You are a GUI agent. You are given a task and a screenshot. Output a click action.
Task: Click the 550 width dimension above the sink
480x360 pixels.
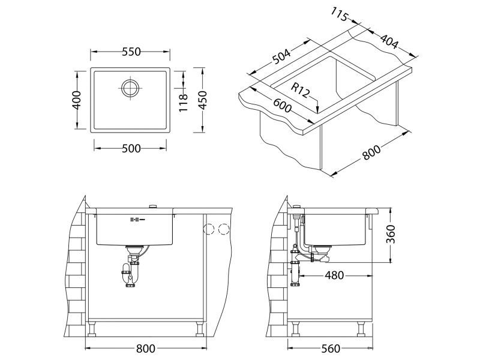pyautogui.click(x=131, y=52)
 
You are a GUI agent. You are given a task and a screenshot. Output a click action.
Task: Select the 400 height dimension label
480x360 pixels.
pyautogui.click(x=76, y=100)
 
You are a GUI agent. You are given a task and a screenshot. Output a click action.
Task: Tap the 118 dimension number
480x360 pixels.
pyautogui.click(x=184, y=100)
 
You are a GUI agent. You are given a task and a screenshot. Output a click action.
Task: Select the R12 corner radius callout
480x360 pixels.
pyautogui.click(x=300, y=91)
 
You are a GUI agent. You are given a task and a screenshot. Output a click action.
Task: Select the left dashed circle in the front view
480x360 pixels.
pyautogui.click(x=209, y=229)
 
